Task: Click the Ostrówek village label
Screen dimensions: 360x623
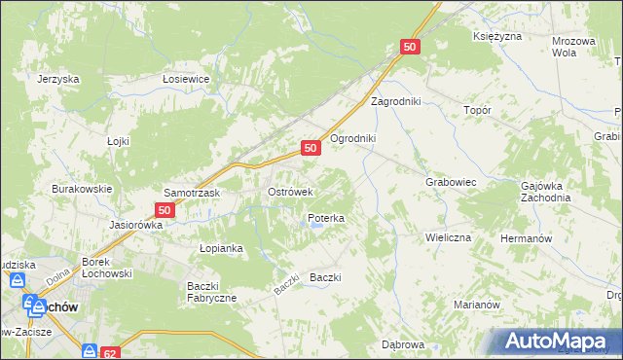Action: click(289, 192)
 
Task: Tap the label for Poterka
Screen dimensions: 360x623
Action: click(326, 219)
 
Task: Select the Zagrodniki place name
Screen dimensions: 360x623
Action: click(394, 101)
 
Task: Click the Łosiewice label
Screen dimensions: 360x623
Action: click(187, 80)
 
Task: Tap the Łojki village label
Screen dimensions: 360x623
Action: click(118, 141)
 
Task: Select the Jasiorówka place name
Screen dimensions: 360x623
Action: click(136, 224)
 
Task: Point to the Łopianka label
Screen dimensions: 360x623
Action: click(221, 248)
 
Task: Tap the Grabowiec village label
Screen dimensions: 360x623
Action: click(450, 182)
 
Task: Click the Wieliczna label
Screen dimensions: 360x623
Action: click(448, 236)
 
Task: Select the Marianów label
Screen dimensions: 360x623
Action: click(477, 304)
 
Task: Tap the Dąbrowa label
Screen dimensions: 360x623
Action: click(403, 344)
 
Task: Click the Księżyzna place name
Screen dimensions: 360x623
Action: click(497, 36)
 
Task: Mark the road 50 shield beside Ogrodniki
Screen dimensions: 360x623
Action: click(311, 148)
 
